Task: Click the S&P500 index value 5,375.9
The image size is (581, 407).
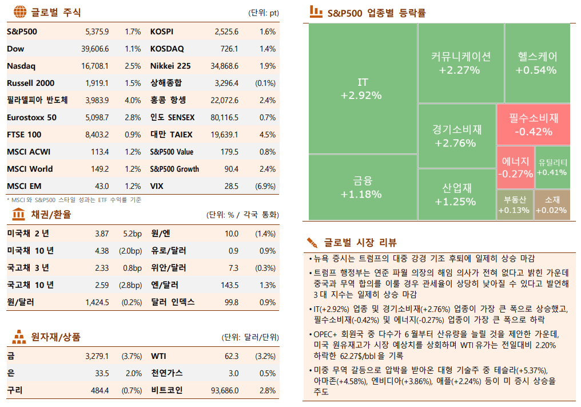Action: pyautogui.click(x=97, y=32)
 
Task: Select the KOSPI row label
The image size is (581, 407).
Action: pyautogui.click(x=162, y=32)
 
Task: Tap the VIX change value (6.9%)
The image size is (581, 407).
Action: pyautogui.click(x=265, y=187)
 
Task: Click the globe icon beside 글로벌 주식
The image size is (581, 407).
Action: pyautogui.click(x=19, y=12)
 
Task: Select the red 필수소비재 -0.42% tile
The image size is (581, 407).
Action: pyautogui.click(x=533, y=124)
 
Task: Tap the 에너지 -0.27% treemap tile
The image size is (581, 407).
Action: pyautogui.click(x=515, y=167)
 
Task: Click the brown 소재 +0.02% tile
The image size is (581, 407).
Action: pyautogui.click(x=552, y=205)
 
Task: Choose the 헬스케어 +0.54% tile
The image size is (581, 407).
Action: pyautogui.click(x=536, y=63)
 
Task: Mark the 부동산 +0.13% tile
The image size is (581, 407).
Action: pyautogui.click(x=514, y=205)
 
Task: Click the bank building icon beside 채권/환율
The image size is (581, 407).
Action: pyautogui.click(x=19, y=215)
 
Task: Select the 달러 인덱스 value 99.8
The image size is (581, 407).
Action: pyautogui.click(x=231, y=302)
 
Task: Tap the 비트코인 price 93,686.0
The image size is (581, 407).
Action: pyautogui.click(x=224, y=390)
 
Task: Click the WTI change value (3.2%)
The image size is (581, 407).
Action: pyautogui.click(x=265, y=356)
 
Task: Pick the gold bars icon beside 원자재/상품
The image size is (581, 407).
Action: pyautogui.click(x=19, y=337)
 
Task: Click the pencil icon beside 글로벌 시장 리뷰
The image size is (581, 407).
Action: pyautogui.click(x=312, y=242)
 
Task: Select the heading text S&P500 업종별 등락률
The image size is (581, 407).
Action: pyautogui.click(x=376, y=13)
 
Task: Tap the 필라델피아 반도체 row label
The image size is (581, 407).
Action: pyautogui.click(x=37, y=101)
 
